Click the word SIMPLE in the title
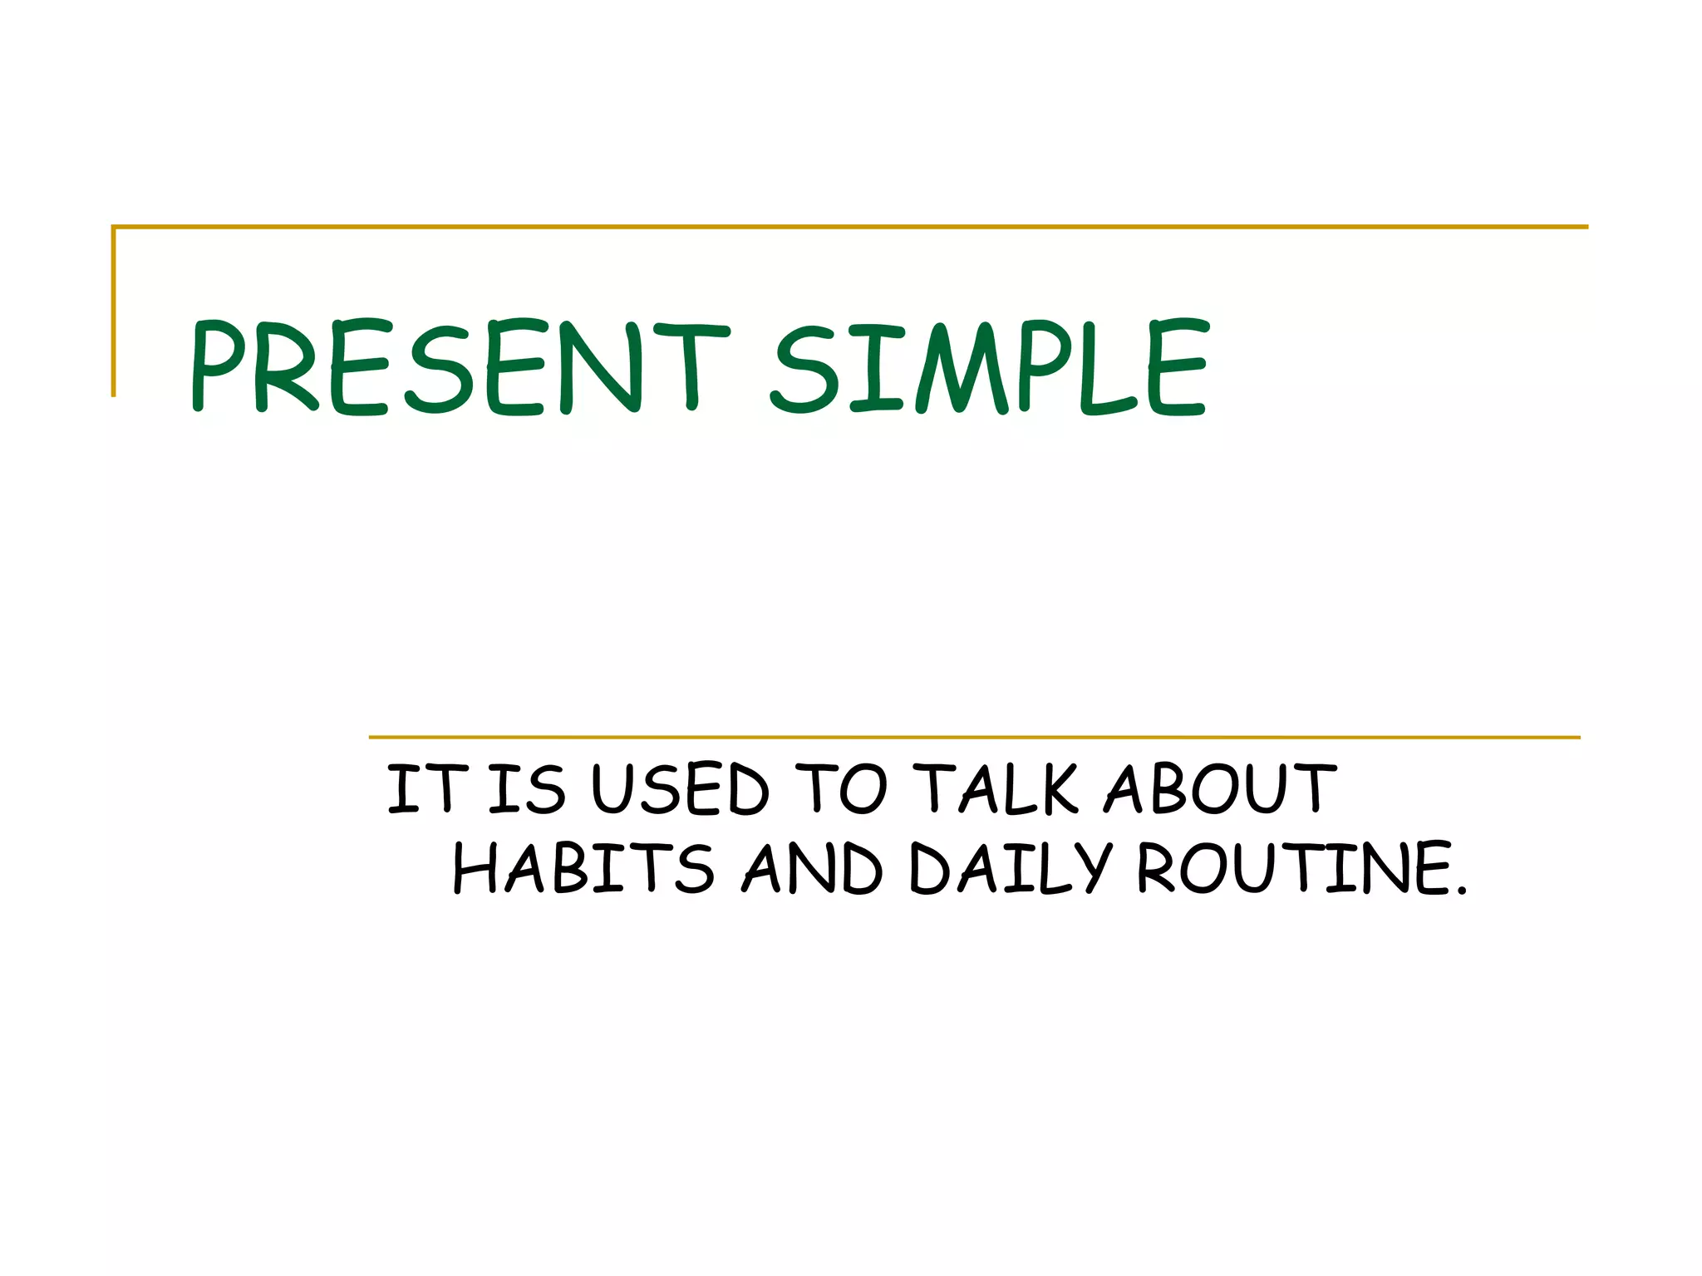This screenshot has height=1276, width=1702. [989, 367]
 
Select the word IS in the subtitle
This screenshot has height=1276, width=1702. [526, 788]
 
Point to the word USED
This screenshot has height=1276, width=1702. [680, 788]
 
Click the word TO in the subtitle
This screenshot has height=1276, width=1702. [841, 788]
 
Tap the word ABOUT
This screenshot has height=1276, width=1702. [1220, 788]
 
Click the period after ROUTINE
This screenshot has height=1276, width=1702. [1462, 892]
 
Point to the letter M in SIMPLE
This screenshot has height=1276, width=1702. [962, 367]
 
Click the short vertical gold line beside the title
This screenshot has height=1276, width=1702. [114, 312]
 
